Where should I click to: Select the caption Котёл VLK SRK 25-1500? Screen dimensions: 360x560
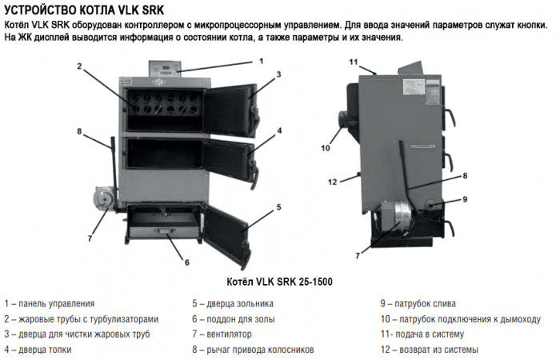[280, 282]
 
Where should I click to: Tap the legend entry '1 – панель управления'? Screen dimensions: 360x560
[50, 304]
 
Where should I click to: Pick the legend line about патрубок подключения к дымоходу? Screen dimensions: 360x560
[460, 319]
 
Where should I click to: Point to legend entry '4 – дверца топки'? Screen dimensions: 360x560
[38, 350]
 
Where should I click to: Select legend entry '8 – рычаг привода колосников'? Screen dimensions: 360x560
[253, 350]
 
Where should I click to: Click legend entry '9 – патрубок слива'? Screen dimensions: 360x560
[418, 304]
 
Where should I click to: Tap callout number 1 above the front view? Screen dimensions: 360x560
[261, 61]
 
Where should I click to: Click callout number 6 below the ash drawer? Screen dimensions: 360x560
[186, 262]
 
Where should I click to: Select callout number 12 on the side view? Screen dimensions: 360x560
[334, 182]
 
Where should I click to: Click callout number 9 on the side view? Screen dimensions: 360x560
[465, 198]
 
